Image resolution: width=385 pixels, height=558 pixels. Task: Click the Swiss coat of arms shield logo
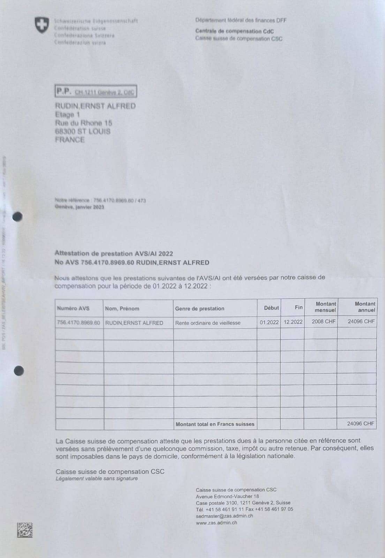[41, 25]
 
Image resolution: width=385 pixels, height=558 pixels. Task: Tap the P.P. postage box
[96, 92]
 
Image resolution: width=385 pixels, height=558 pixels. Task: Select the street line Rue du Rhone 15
[84, 123]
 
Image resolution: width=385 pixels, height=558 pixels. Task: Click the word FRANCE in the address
[70, 140]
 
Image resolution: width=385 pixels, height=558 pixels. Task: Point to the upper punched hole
[17, 217]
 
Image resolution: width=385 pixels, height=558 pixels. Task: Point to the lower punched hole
[19, 371]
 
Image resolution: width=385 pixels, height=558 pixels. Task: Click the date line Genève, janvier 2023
[80, 207]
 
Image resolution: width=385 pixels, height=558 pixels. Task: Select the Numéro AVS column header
[73, 308]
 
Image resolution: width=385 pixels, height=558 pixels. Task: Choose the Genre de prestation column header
[199, 309]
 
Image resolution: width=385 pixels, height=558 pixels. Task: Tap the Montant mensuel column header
[325, 307]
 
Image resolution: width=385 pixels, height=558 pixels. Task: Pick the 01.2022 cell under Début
[269, 322]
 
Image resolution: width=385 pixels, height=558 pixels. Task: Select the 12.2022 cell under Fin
[293, 322]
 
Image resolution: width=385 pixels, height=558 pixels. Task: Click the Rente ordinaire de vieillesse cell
[208, 323]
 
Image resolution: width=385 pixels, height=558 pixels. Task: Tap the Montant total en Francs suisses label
[215, 424]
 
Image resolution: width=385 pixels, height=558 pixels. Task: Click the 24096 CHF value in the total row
[361, 424]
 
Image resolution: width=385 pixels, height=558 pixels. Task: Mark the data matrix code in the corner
[25, 530]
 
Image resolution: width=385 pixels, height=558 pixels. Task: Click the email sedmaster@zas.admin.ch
[225, 516]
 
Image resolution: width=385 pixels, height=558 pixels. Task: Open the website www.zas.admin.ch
[217, 522]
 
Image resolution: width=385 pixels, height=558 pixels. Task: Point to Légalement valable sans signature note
[97, 478]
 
